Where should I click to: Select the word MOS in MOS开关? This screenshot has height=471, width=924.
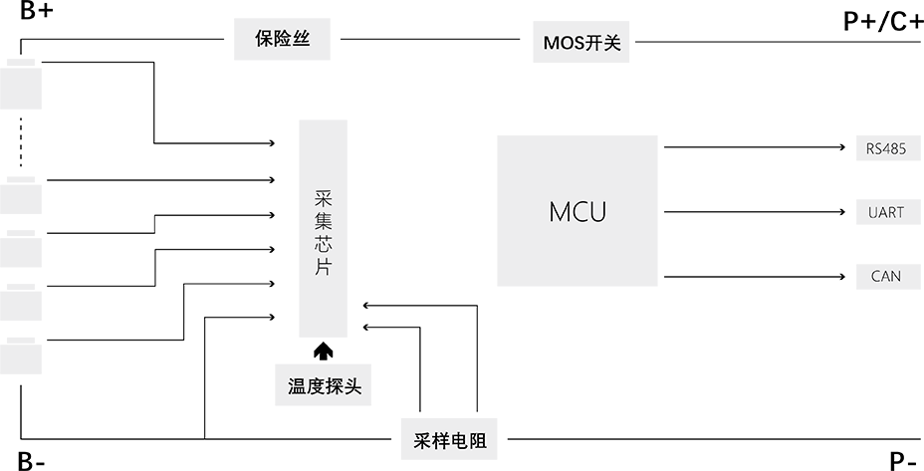[564, 44]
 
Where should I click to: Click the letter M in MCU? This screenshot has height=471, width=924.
[559, 212]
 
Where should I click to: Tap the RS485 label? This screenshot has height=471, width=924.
[885, 149]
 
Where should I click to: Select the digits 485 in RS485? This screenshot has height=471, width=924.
[893, 149]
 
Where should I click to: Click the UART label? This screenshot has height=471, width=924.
[885, 213]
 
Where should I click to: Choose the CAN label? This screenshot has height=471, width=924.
[885, 276]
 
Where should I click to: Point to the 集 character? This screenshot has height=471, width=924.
[322, 221]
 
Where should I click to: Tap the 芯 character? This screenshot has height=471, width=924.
[322, 245]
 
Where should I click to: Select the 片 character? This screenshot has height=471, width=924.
[322, 269]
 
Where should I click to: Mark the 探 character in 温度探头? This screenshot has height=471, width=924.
[334, 387]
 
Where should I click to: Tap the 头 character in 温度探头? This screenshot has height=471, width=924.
[351, 387]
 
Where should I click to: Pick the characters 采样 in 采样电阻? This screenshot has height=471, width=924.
[431, 441]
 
